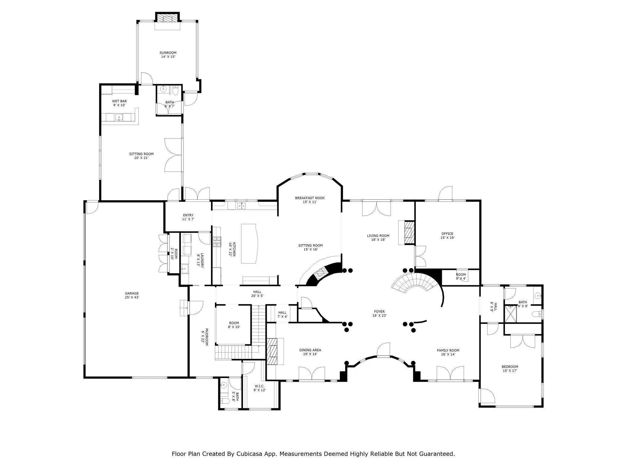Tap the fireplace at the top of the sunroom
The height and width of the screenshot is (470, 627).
pyautogui.click(x=167, y=18)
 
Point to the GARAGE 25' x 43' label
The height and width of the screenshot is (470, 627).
pyautogui.click(x=132, y=295)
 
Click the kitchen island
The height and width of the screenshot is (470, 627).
pyautogui.click(x=250, y=244)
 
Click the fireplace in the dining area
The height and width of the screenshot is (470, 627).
pyautogui.click(x=273, y=351)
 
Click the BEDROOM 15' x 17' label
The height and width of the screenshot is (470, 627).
pyautogui.click(x=510, y=368)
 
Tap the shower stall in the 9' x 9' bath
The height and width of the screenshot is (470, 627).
pyautogui.click(x=510, y=314)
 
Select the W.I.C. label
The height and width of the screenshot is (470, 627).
pyautogui.click(x=259, y=388)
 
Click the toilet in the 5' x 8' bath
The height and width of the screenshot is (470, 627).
pyautogui.click(x=223, y=401)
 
